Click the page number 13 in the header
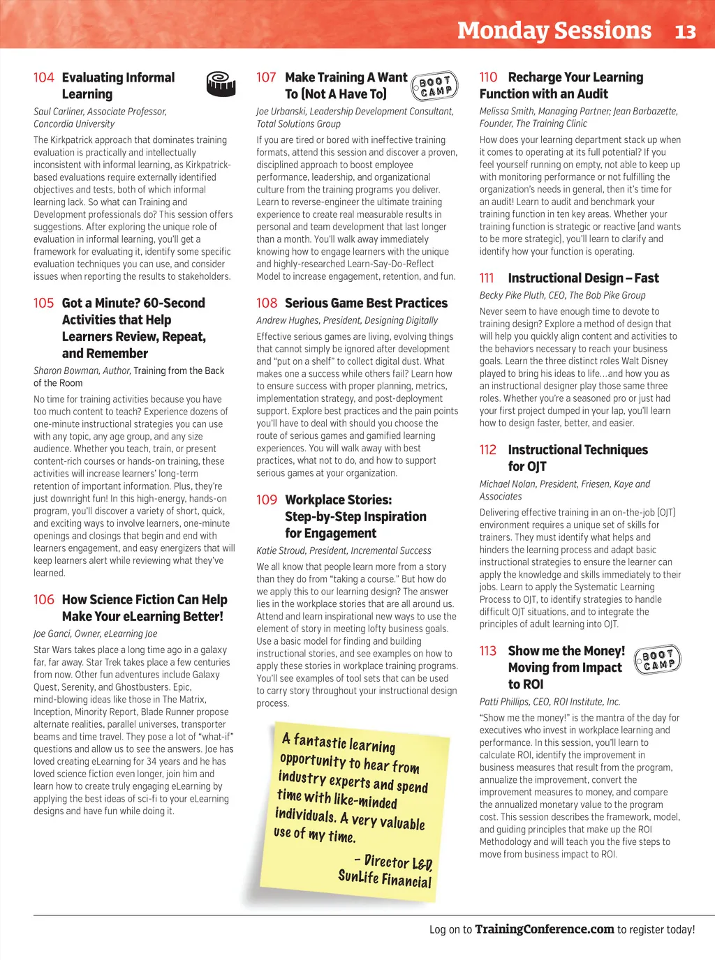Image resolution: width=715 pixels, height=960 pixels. click(686, 31)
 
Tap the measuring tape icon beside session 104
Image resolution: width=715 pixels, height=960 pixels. click(221, 84)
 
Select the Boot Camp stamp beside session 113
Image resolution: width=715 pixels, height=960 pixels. click(657, 659)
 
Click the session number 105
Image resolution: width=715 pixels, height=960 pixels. click(43, 303)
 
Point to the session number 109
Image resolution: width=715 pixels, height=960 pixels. click(266, 500)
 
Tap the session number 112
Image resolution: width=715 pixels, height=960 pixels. click(488, 450)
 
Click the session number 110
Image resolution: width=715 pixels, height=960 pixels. click(488, 77)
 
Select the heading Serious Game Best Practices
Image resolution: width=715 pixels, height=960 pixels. click(366, 303)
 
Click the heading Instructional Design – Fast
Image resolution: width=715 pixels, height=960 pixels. click(583, 278)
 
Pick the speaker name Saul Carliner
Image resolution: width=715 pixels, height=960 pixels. click(62, 112)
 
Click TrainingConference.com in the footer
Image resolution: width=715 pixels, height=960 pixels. click(545, 929)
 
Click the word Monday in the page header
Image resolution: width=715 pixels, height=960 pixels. click(503, 31)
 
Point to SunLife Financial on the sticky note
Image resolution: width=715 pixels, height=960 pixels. click(385, 879)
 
